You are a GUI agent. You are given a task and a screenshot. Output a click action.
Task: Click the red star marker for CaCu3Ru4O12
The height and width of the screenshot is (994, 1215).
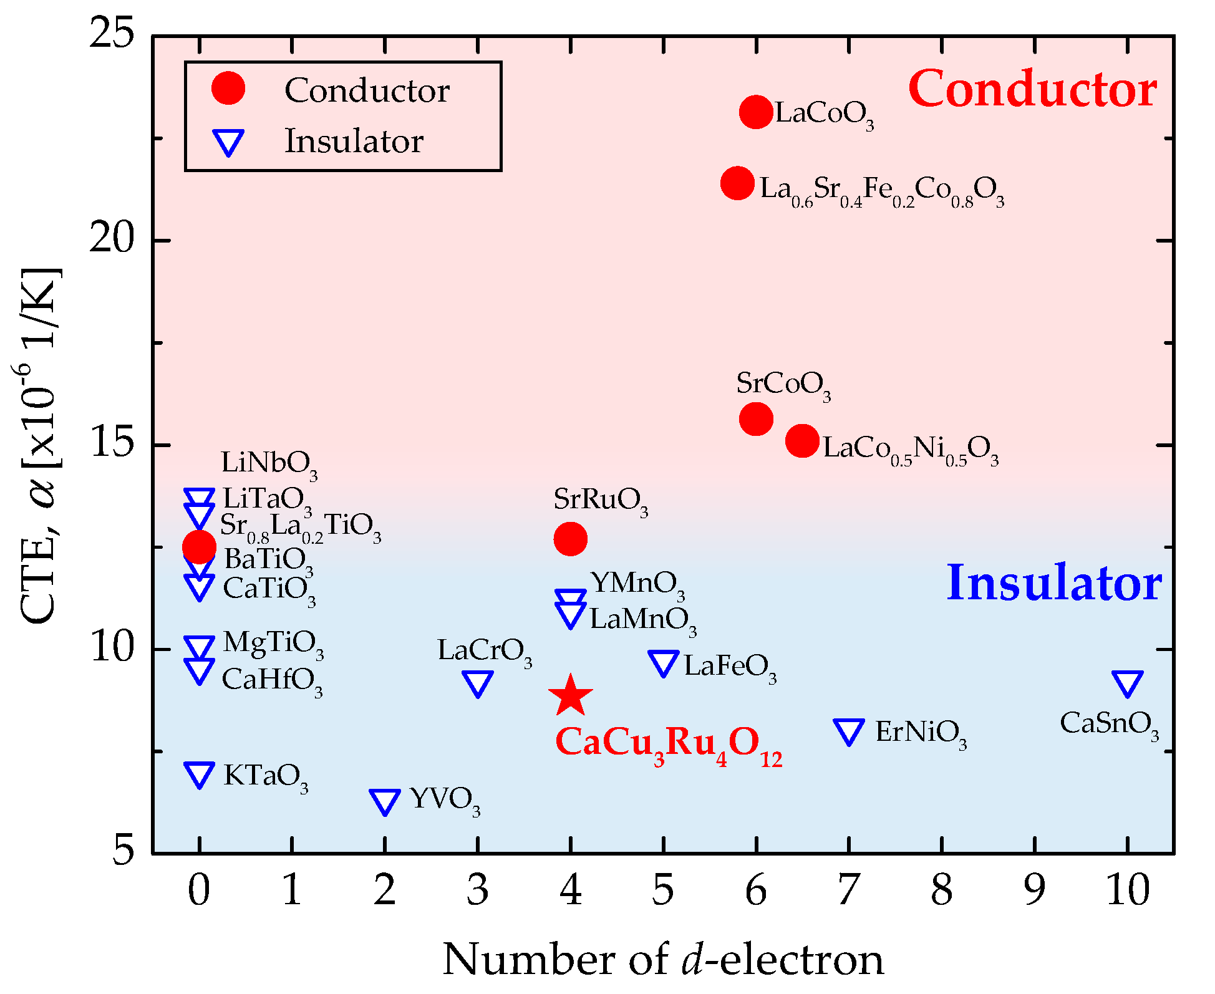570,696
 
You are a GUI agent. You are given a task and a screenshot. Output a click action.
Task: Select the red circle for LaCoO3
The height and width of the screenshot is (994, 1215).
756,112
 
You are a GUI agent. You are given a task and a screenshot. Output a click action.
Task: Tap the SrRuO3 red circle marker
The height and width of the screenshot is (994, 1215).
570,539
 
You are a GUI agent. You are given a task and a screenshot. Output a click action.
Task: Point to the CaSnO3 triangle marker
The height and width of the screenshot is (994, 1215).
1128,683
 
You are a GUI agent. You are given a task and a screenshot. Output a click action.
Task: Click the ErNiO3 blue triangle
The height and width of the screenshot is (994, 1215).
849,731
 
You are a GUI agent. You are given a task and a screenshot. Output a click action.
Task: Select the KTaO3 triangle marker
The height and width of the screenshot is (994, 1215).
199,774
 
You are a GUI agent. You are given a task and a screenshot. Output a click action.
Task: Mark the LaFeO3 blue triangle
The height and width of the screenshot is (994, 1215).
663,663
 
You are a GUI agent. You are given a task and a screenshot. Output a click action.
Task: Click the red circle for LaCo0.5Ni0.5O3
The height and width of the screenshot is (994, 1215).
802,441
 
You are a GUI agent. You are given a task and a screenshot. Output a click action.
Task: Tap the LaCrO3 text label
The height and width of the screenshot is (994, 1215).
485,652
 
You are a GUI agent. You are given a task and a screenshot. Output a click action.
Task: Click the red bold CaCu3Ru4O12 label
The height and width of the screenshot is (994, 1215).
668,744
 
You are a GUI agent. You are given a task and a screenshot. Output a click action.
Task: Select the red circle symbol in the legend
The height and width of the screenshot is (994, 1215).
228,89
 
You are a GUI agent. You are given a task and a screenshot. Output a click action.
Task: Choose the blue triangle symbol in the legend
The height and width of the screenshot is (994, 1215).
228,142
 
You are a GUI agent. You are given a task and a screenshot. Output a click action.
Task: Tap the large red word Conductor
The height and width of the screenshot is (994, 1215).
1032,89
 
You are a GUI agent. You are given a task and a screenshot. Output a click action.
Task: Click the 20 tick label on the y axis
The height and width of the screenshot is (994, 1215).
112,239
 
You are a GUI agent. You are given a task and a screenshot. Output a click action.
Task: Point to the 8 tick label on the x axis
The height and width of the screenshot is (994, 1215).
941,890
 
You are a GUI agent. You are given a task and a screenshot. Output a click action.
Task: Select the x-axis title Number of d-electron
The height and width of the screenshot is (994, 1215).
663,959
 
